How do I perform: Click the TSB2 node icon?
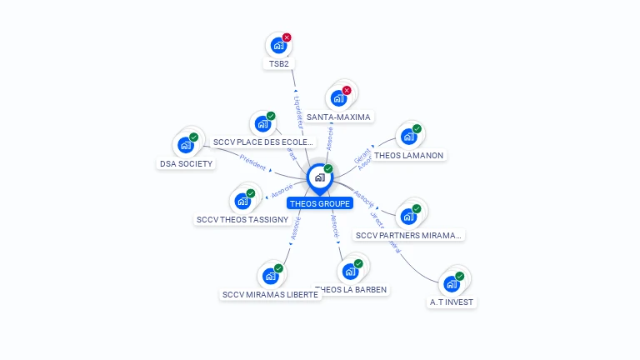click(278, 46)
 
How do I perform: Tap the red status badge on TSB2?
click(287, 37)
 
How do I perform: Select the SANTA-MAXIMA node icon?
click(338, 98)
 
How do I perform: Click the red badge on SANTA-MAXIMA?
click(347, 90)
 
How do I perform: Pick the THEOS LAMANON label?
click(409, 155)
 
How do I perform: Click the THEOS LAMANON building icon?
click(408, 137)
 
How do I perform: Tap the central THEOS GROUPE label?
click(320, 203)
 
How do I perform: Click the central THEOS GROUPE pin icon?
click(319, 177)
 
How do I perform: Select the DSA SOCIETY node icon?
click(186, 145)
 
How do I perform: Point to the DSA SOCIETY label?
click(187, 163)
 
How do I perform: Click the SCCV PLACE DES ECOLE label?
click(263, 142)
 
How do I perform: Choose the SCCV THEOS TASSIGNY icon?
click(242, 201)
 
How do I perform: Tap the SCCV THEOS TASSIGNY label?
click(242, 220)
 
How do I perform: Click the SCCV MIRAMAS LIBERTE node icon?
click(270, 276)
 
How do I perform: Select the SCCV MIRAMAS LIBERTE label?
click(270, 294)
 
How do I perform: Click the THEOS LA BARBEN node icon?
click(350, 271)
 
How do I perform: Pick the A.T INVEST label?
click(452, 302)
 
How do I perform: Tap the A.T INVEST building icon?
click(452, 283)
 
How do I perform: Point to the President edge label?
click(252, 162)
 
